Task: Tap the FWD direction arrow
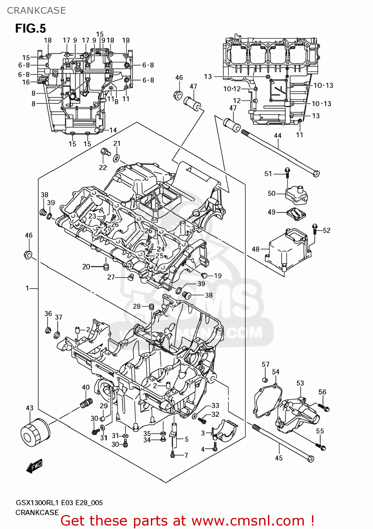(34, 466)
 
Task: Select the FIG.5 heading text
(30, 28)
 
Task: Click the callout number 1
(27, 288)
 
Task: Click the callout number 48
(256, 249)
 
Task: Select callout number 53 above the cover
(300, 383)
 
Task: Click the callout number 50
(271, 193)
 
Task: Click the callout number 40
(86, 387)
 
